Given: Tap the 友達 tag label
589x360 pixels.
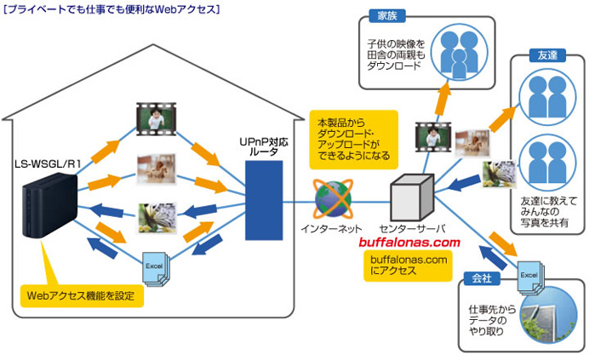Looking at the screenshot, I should tap(546, 55).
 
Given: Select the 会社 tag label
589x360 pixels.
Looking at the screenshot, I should tap(478, 277).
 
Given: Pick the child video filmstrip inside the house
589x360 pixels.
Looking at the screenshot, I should tap(160, 117).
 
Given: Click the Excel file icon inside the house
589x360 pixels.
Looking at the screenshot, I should tap(157, 267).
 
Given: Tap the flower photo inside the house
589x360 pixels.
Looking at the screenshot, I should tap(159, 216).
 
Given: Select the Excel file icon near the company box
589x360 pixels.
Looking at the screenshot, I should tap(529, 279).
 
